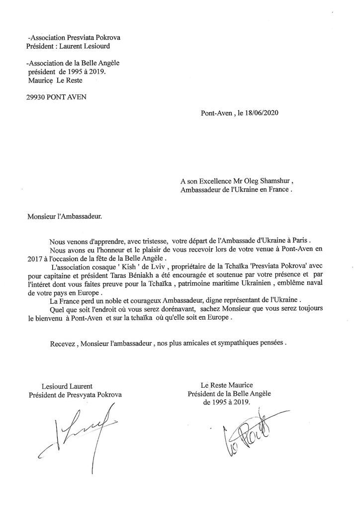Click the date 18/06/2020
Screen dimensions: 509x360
pyautogui.click(x=262, y=113)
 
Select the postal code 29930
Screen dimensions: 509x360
pyautogui.click(x=36, y=97)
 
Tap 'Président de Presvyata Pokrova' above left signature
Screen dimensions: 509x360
pyautogui.click(x=75, y=395)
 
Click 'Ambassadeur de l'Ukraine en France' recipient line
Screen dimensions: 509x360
pyautogui.click(x=236, y=190)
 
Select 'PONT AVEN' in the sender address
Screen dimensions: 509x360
pyautogui.click(x=67, y=97)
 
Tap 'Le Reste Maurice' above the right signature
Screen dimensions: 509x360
pyautogui.click(x=226, y=385)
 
